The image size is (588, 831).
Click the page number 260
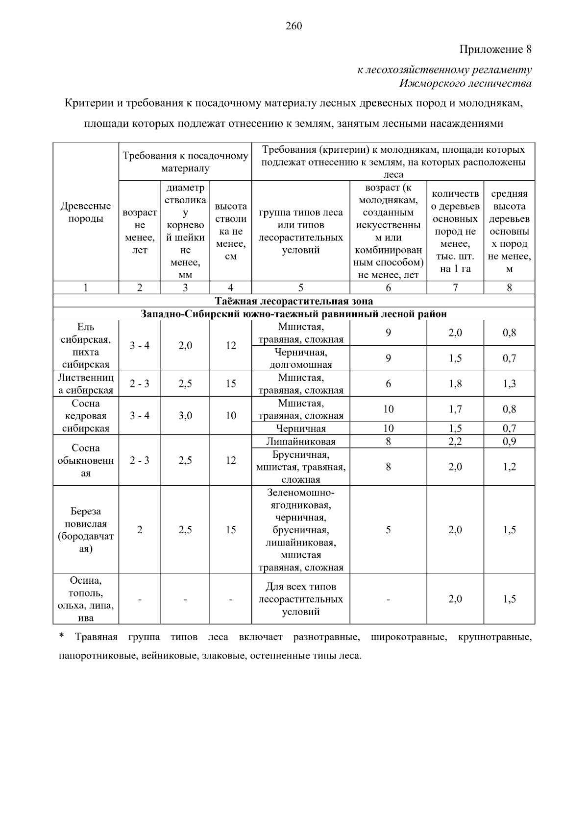click(x=294, y=26)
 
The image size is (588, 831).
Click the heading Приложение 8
click(x=495, y=49)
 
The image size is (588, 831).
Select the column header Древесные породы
click(x=86, y=212)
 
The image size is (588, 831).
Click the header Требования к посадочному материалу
click(x=185, y=162)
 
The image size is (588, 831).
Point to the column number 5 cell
click(x=301, y=288)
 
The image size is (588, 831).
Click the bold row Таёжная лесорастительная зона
click(x=294, y=301)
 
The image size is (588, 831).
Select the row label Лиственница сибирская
click(x=86, y=384)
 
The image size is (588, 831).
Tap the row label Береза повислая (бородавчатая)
click(x=86, y=530)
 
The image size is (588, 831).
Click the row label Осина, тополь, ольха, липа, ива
click(x=86, y=599)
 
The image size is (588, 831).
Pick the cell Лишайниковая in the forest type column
click(x=301, y=442)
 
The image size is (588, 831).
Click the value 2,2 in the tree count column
click(x=455, y=442)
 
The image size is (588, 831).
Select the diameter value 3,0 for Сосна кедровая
click(x=185, y=416)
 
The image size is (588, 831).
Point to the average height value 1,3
click(x=509, y=384)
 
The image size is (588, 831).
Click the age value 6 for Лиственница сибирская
click(x=388, y=384)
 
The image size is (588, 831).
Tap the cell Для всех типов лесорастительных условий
click(x=301, y=599)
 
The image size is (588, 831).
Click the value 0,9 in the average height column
click(x=509, y=442)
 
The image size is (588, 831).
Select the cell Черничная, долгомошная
click(x=301, y=358)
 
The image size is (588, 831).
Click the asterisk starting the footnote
click(x=61, y=636)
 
